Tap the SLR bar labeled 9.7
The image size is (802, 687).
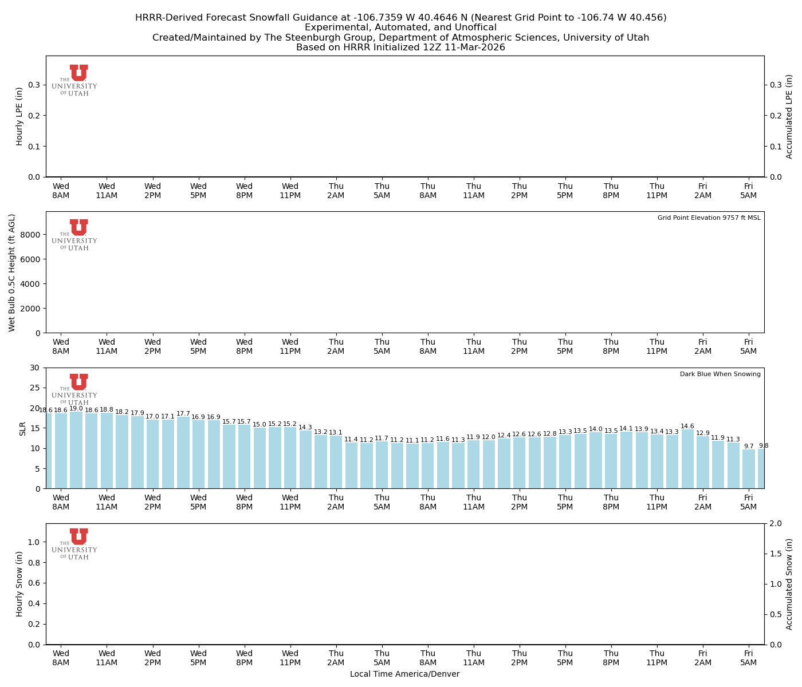pyautogui.click(x=749, y=469)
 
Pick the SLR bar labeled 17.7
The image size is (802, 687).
pyautogui.click(x=183, y=453)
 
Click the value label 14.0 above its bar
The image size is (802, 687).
pyautogui.click(x=596, y=429)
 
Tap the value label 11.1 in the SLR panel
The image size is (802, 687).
pyautogui.click(x=412, y=441)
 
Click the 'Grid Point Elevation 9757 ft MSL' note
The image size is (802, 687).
pyautogui.click(x=709, y=218)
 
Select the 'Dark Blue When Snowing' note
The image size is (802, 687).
pyautogui.click(x=720, y=374)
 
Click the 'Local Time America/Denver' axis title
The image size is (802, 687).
pyautogui.click(x=404, y=674)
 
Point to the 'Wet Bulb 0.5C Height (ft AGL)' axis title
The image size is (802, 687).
pyautogui.click(x=12, y=273)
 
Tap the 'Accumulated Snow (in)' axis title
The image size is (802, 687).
pyautogui.click(x=789, y=584)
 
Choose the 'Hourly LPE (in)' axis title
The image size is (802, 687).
pyautogui.click(x=19, y=116)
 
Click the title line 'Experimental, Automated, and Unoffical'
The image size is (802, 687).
pyautogui.click(x=400, y=27)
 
